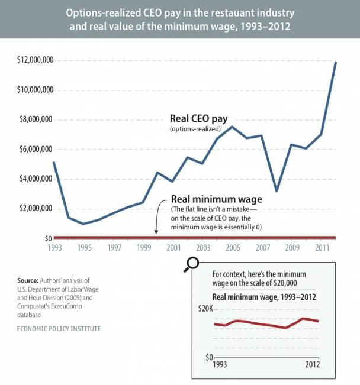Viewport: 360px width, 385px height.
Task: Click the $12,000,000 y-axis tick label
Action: pyautogui.click(x=35, y=60)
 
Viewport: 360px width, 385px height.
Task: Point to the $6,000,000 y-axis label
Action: pyautogui.click(x=36, y=149)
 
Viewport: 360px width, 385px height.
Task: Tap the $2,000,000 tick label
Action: pyautogui.click(x=36, y=208)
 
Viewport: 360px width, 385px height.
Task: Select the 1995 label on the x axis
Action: pyautogui.click(x=85, y=247)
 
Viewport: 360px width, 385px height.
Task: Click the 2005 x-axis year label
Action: pyautogui.click(x=233, y=247)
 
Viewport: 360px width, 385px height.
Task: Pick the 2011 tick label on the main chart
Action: pyautogui.click(x=322, y=247)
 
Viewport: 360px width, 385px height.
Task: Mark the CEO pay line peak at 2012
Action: pyautogui.click(x=335, y=62)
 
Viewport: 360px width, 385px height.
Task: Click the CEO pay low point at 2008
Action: pyautogui.click(x=277, y=191)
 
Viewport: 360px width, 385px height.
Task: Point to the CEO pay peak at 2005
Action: pyautogui.click(x=232, y=127)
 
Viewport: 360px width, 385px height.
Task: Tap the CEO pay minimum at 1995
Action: pyautogui.click(x=83, y=224)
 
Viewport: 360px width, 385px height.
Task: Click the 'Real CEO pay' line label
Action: pyautogui.click(x=199, y=119)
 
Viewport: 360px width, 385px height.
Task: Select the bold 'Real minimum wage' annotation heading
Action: pyautogui.click(x=217, y=199)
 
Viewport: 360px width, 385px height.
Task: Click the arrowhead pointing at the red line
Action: pyautogui.click(x=156, y=232)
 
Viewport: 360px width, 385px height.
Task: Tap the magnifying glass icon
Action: pyautogui.click(x=191, y=264)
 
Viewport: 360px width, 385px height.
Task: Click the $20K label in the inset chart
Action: pyautogui.click(x=205, y=309)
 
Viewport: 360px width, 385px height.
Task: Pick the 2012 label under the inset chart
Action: pyautogui.click(x=313, y=364)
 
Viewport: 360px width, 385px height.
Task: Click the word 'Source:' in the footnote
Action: pyautogui.click(x=28, y=280)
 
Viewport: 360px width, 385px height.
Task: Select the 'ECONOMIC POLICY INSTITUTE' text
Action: pyautogui.click(x=59, y=329)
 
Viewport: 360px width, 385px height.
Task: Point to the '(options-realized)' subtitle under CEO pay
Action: pyautogui.click(x=195, y=129)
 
